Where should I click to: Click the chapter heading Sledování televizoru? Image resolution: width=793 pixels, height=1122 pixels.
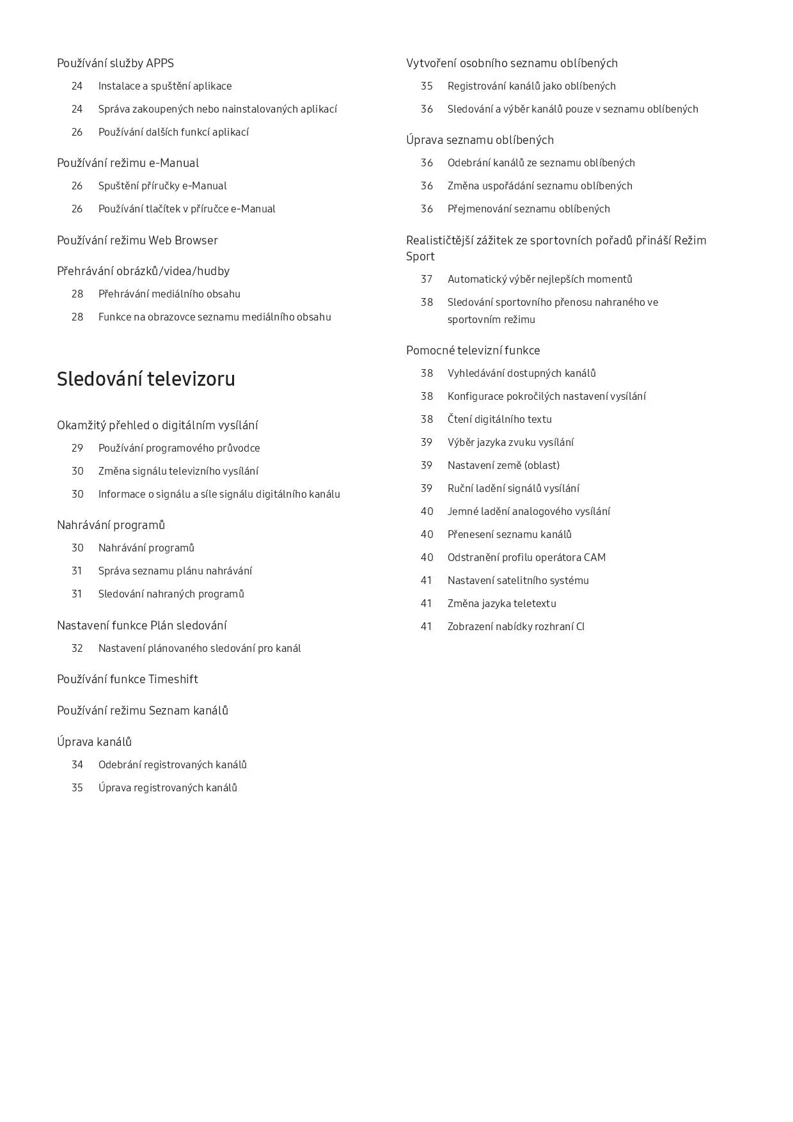point(146,379)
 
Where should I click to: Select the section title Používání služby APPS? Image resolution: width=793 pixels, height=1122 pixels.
point(115,63)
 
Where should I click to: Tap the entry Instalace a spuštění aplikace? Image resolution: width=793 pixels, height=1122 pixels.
point(165,86)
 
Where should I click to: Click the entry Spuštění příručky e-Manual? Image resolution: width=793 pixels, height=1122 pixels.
point(162,186)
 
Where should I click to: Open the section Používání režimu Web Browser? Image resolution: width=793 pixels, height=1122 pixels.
point(137,241)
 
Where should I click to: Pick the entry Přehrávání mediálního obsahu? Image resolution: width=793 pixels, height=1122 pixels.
point(169,294)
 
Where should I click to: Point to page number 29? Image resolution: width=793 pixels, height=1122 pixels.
point(77,448)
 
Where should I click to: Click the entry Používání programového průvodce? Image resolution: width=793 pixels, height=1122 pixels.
point(179,448)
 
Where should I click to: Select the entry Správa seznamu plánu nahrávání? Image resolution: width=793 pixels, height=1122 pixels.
point(175,571)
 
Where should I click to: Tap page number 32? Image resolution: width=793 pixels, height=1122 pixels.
point(77,649)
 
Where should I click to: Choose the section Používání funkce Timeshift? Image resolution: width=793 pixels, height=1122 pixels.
point(127,679)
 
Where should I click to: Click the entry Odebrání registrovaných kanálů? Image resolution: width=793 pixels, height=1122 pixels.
point(173,765)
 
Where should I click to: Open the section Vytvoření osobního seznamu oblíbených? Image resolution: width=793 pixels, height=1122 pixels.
point(512,63)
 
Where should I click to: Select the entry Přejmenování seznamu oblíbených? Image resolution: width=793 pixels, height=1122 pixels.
point(529,209)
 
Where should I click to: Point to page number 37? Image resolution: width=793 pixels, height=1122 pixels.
point(427,280)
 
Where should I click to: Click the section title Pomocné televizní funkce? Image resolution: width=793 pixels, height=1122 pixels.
point(473,351)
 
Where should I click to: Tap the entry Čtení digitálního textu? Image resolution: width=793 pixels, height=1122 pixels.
point(499,420)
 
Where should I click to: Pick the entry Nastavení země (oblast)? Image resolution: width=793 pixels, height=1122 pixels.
point(503,466)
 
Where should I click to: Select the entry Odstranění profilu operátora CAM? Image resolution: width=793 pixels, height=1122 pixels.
point(526,558)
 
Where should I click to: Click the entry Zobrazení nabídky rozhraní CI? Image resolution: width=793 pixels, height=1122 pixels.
point(516,627)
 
